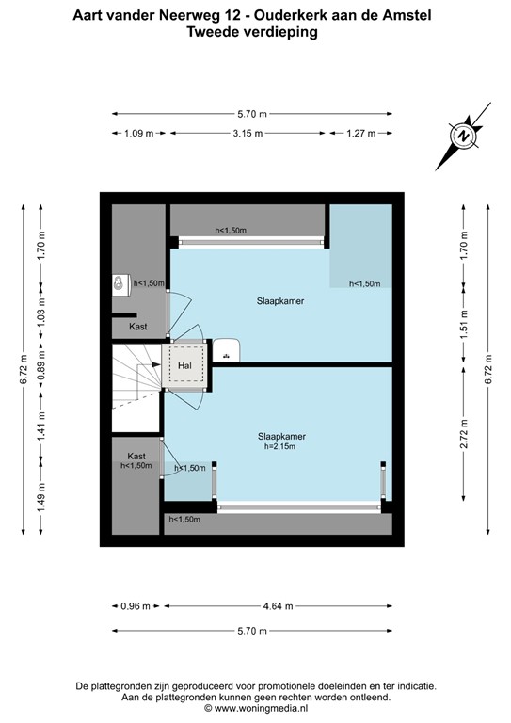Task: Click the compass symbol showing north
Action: point(463,137)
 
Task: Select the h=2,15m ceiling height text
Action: point(282,448)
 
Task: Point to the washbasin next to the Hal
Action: point(228,350)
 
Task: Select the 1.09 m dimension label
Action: point(138,134)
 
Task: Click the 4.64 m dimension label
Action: point(277,606)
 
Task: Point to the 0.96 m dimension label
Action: point(137,606)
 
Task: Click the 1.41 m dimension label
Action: point(40,429)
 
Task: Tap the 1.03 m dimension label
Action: point(40,315)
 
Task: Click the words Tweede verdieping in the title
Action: point(255,31)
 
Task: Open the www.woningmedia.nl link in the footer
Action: point(255,707)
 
